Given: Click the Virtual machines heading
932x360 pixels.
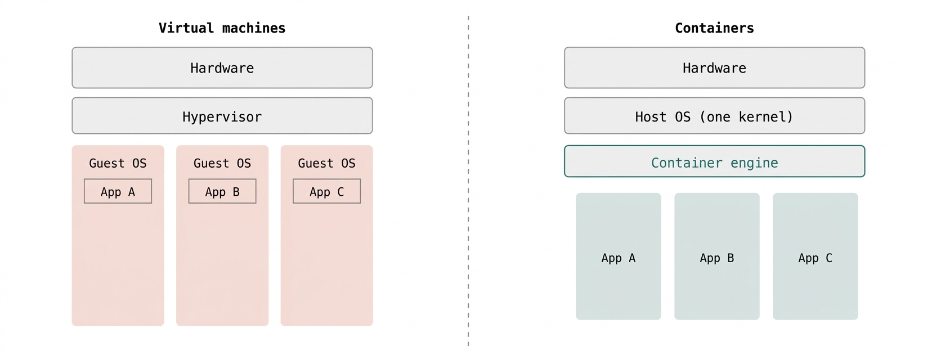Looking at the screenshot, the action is point(222,28).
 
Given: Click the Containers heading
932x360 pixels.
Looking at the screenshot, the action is point(714,28).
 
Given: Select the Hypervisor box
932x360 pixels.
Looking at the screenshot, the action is point(222,115).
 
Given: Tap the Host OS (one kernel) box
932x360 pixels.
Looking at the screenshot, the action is point(714,115).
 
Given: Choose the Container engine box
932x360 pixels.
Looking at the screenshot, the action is point(714,161).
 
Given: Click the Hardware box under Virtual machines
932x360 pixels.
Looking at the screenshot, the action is point(222,67).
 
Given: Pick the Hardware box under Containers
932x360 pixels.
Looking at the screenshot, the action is point(714,67).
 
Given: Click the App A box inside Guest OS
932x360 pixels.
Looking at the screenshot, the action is point(118,191).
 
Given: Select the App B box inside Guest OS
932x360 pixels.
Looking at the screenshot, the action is point(222,191).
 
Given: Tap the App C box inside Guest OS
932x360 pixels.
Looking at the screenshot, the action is point(326,191).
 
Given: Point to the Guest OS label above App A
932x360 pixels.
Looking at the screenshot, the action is point(118,163).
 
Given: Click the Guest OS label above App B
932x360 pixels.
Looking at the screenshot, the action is point(222,163).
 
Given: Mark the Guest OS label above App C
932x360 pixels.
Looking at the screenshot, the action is point(326,163).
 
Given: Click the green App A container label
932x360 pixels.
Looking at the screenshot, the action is point(619,258).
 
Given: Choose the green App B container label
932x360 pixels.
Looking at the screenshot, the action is point(717,258).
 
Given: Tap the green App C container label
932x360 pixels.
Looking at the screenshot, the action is point(815,258).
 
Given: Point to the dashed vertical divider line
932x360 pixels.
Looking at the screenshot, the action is point(468,181).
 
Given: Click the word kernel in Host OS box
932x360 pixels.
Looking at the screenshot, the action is point(766,117).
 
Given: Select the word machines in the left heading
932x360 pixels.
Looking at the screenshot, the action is point(254,28).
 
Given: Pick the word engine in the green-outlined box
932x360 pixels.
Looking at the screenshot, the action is point(754,163).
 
